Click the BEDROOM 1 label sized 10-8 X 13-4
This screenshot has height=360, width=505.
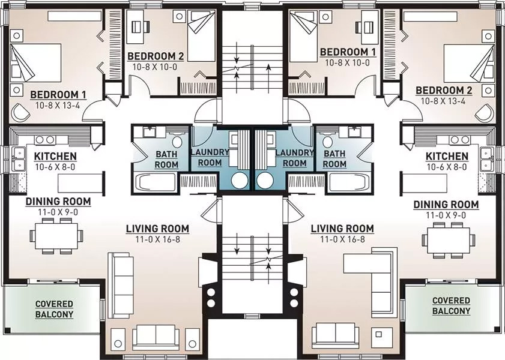(x=58, y=94)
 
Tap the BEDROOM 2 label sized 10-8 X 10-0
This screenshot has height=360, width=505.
(x=156, y=56)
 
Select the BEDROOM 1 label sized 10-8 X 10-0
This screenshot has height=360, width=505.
(x=348, y=52)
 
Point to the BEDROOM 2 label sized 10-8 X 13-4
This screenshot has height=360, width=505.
(x=444, y=90)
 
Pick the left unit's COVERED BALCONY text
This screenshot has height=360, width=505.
(x=53, y=309)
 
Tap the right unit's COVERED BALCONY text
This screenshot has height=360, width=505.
(x=451, y=305)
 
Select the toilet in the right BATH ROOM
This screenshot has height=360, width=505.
(x=328, y=143)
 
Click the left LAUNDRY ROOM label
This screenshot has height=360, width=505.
(x=210, y=158)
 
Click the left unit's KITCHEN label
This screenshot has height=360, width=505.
(x=55, y=157)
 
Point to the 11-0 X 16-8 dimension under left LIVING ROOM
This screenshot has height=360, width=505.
(x=157, y=239)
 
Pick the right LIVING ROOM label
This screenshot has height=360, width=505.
(x=342, y=229)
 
